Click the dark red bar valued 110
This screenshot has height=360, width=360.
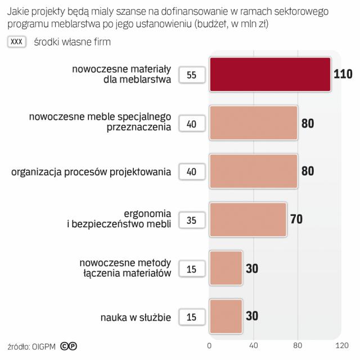[270, 74]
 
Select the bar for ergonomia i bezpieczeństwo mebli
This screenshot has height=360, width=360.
[248, 219]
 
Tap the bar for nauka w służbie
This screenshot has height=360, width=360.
[226, 316]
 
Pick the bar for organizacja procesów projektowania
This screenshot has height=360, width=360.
[253, 171]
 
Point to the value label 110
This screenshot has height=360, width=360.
[343, 74]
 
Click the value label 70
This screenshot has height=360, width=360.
[296, 219]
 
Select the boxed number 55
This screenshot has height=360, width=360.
[191, 75]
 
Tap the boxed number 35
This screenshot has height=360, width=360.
[191, 220]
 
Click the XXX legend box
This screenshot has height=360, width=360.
[17, 42]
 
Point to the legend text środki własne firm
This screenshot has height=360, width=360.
[72, 42]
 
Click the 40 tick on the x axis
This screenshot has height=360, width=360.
[253, 345]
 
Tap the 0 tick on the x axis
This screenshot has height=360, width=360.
[209, 345]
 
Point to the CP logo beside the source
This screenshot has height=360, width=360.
[69, 345]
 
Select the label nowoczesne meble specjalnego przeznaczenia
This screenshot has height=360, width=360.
[100, 122]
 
